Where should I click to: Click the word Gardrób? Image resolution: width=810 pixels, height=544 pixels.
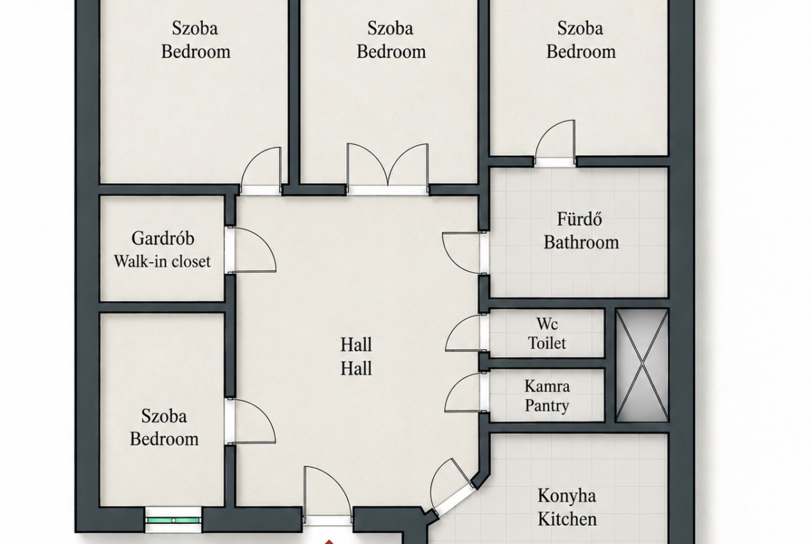click(x=163, y=238)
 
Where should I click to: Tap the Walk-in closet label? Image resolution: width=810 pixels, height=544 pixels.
click(x=162, y=261)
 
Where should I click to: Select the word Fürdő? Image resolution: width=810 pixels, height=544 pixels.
click(x=579, y=219)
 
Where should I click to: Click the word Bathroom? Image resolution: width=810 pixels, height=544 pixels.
click(x=581, y=242)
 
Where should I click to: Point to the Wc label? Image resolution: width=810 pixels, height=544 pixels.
click(x=546, y=324)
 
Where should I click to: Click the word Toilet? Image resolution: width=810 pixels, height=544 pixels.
click(x=547, y=343)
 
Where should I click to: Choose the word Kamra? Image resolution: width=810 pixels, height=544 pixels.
click(x=547, y=386)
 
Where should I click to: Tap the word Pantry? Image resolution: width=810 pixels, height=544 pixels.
click(x=547, y=405)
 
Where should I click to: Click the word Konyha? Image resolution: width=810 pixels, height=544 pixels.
click(x=567, y=495)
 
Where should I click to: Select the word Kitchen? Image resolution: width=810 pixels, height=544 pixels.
click(x=567, y=518)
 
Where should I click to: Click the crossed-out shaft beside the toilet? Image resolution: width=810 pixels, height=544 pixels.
click(x=642, y=365)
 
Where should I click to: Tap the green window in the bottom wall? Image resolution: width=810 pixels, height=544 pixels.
click(x=172, y=519)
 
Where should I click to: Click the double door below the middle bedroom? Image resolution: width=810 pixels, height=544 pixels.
click(x=388, y=168)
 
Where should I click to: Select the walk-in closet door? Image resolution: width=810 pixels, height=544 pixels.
click(x=251, y=249)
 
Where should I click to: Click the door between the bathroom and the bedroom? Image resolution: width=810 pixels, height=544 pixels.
click(x=555, y=143)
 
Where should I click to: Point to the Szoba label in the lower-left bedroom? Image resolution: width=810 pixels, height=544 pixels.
click(x=164, y=416)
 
